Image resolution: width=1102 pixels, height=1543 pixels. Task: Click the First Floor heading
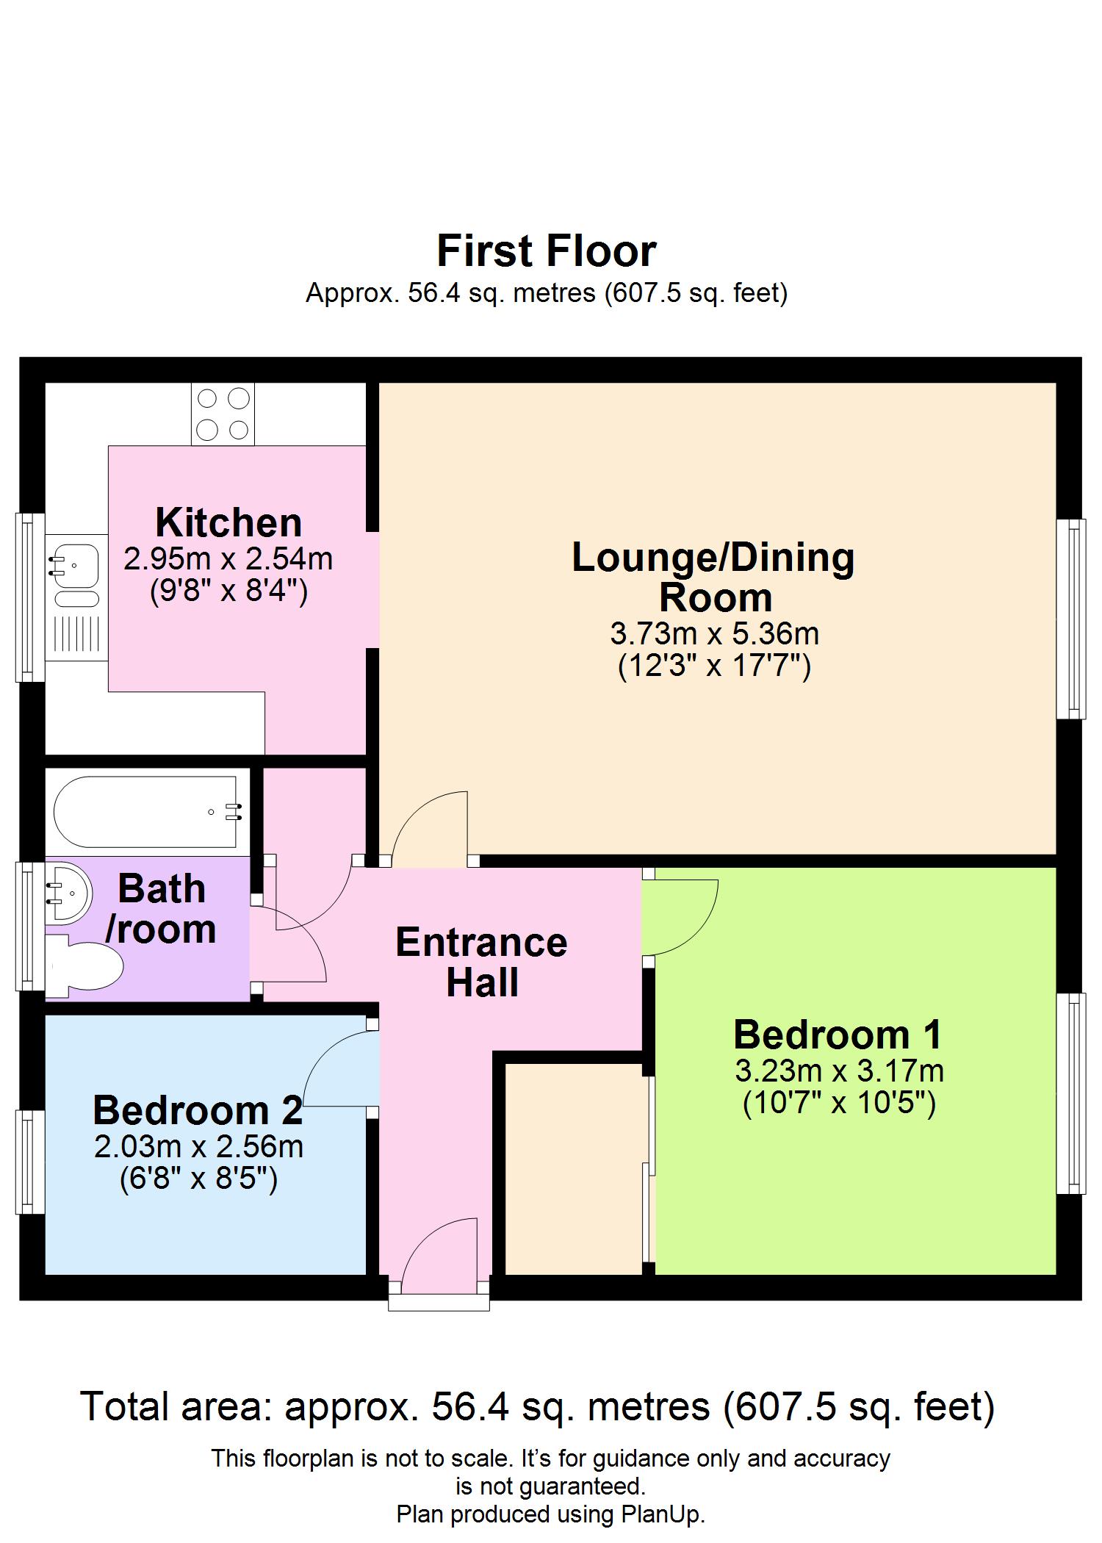546,251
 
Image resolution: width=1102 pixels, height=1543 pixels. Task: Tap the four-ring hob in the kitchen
223,414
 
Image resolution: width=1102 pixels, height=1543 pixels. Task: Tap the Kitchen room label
228,522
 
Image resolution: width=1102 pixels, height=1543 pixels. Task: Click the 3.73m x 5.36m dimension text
714,633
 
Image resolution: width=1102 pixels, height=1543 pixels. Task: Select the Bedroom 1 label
838,1035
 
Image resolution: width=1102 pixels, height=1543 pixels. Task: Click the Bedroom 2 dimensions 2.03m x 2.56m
198,1146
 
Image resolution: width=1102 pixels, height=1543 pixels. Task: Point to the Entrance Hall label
481,963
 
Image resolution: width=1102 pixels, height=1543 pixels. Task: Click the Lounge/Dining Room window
1070,619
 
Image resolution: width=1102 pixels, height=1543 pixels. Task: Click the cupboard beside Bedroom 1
573,1168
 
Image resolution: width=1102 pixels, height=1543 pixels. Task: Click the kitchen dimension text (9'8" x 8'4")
228,591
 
